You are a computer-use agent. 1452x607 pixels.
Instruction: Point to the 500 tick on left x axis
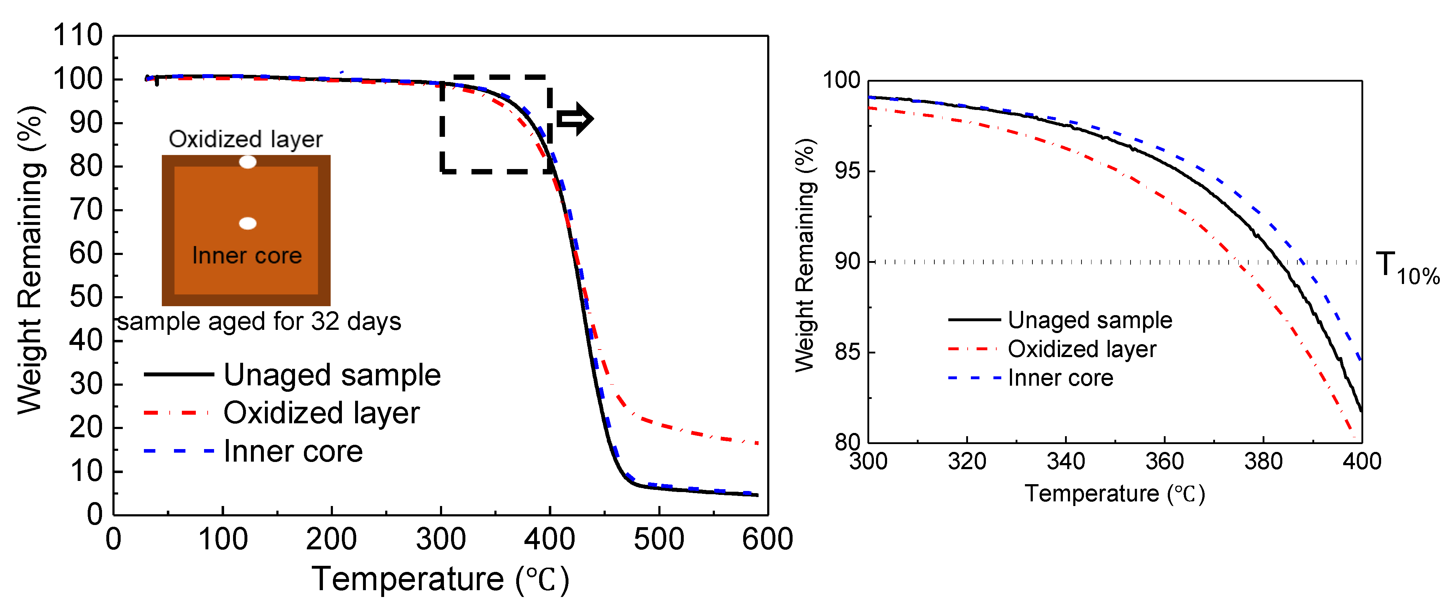click(x=658, y=539)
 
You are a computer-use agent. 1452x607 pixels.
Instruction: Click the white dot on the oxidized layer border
click(x=247, y=162)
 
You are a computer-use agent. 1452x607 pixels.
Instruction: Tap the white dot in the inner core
click(x=247, y=223)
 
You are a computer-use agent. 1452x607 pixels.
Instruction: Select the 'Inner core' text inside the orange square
click(x=247, y=256)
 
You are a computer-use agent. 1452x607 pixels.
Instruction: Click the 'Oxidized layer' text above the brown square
click(x=245, y=139)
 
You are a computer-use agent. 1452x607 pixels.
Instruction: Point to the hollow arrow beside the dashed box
click(x=575, y=119)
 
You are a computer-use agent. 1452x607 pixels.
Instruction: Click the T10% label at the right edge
click(x=1406, y=268)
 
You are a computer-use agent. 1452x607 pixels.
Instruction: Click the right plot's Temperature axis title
click(x=1114, y=494)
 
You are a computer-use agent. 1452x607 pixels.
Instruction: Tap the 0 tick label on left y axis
click(x=95, y=515)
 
